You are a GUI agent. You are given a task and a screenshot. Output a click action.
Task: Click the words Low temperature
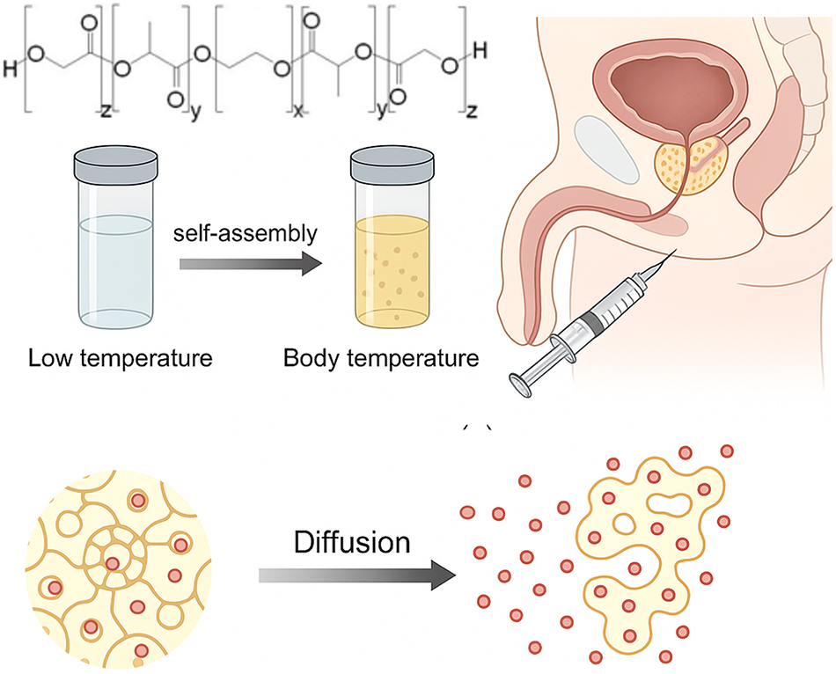click(x=121, y=358)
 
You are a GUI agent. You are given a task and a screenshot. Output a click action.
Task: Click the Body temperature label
click(x=381, y=358)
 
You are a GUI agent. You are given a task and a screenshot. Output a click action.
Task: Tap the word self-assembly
click(x=246, y=233)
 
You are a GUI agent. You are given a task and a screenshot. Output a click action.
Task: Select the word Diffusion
click(x=352, y=542)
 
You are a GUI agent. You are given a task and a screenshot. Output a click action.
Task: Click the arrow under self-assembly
click(x=251, y=264)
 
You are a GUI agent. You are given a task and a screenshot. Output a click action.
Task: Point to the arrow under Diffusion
click(x=357, y=575)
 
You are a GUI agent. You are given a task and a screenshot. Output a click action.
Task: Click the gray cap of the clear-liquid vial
click(x=115, y=162)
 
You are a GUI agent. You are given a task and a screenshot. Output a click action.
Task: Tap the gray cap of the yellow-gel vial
click(x=392, y=162)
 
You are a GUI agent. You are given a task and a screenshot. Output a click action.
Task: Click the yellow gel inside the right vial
click(x=392, y=272)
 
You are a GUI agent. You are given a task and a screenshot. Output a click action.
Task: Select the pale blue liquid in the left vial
click(x=115, y=269)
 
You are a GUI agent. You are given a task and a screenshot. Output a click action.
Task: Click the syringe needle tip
click(x=676, y=250)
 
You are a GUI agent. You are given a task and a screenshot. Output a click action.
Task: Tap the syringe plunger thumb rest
click(x=521, y=386)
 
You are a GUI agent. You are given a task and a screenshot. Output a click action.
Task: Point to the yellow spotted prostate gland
click(x=691, y=163)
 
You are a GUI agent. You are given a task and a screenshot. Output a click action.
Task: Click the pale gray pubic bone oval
click(x=606, y=149)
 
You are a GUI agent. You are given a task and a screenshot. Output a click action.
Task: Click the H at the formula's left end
click(x=11, y=69)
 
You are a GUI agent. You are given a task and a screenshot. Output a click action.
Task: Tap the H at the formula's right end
click(x=480, y=51)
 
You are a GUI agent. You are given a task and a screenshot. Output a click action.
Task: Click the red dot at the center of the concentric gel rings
click(x=112, y=564)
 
